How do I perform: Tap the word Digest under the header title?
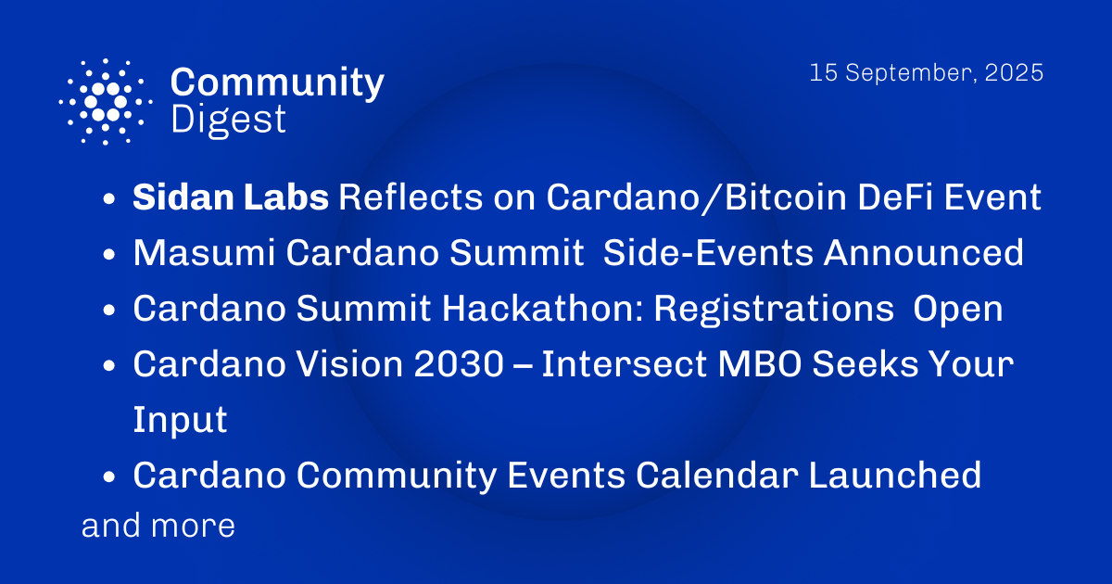click(228, 121)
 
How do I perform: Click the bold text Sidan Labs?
click(230, 197)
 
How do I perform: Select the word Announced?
click(927, 253)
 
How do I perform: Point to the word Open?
click(958, 309)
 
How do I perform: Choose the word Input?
click(180, 420)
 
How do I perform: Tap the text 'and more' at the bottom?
click(158, 527)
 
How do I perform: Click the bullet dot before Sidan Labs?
click(109, 200)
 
